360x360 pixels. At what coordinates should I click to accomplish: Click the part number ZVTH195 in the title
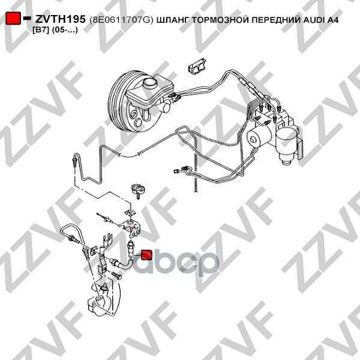pyautogui.click(x=60, y=19)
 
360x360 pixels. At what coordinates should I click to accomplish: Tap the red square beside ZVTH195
pyautogui.click(x=13, y=18)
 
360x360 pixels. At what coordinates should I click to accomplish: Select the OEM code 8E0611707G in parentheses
pyautogui.click(x=121, y=20)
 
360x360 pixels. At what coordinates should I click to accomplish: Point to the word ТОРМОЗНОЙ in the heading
pyautogui.click(x=220, y=20)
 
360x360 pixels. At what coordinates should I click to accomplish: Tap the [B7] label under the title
pyautogui.click(x=41, y=30)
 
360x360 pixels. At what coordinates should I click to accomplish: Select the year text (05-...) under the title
pyautogui.click(x=65, y=30)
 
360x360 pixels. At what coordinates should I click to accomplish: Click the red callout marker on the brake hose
pyautogui.click(x=146, y=255)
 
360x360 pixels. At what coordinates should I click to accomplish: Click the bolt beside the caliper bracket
pyautogui.click(x=116, y=275)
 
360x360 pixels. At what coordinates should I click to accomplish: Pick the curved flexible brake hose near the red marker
pyautogui.click(x=123, y=264)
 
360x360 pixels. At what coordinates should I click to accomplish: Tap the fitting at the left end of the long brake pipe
pyautogui.click(x=74, y=160)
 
